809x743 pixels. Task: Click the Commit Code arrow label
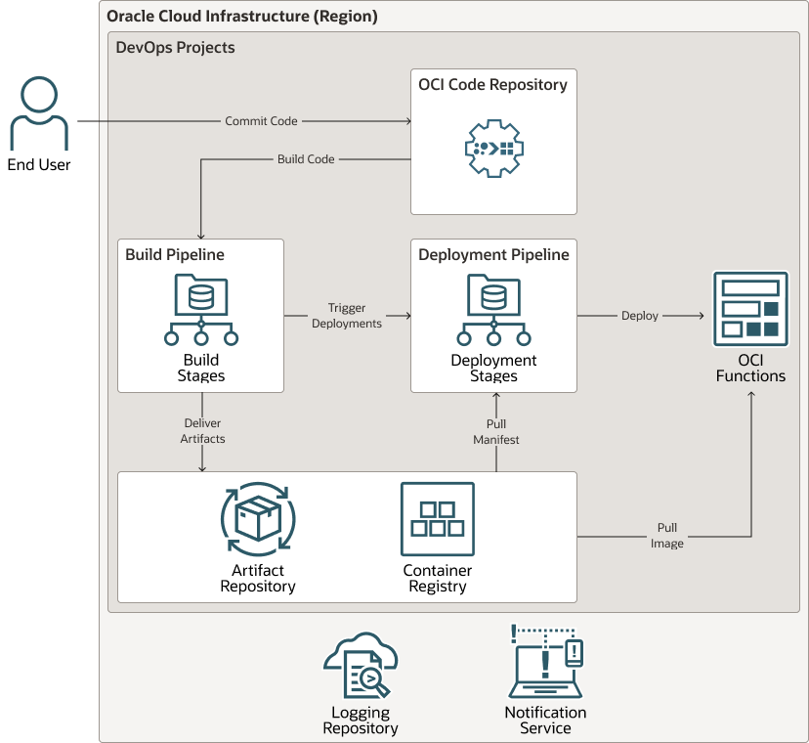click(261, 121)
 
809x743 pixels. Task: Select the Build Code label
click(306, 159)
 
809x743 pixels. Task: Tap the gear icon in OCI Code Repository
click(492, 149)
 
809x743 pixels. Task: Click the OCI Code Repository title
click(492, 85)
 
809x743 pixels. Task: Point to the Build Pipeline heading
click(175, 255)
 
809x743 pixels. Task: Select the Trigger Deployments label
click(347, 316)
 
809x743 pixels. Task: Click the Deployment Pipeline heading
click(493, 255)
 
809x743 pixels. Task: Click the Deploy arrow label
click(640, 316)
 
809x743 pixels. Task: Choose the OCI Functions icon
click(750, 309)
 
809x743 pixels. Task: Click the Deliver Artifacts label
click(202, 431)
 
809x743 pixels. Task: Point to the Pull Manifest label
click(496, 432)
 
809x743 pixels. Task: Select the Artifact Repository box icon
click(258, 518)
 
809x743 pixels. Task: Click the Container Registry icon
click(437, 519)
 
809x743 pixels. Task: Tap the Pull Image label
click(667, 536)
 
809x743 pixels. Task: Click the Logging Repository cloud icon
click(360, 667)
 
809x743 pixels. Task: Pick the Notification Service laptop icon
click(545, 663)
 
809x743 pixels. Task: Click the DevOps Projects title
click(175, 47)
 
